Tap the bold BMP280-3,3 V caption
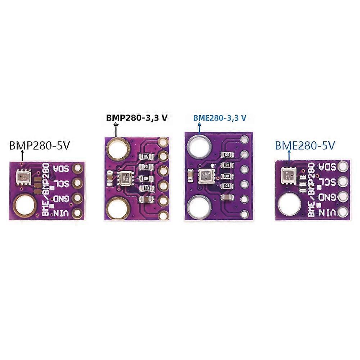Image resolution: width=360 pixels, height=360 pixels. point(136,118)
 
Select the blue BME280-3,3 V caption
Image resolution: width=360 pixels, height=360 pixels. point(220,118)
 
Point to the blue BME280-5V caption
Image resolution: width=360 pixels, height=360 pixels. point(305,145)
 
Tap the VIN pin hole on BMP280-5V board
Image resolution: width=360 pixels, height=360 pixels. point(77,213)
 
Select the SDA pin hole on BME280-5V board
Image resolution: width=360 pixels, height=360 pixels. point(343,167)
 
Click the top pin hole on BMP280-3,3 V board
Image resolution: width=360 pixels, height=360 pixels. point(163,141)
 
